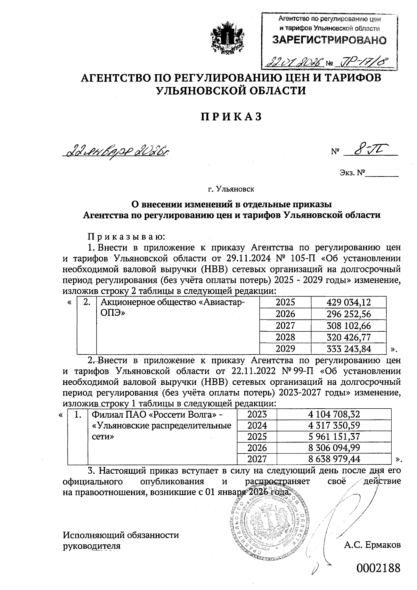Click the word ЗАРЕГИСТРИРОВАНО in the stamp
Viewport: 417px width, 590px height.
pos(329,40)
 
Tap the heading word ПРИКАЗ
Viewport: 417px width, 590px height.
pos(231,117)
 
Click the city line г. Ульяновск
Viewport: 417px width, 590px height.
pos(231,189)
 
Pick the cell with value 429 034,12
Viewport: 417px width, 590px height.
pos(349,302)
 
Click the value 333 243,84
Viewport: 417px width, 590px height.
pos(349,348)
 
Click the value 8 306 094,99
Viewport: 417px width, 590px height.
pos(334,447)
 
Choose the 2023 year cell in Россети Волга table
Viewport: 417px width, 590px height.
pos(257,414)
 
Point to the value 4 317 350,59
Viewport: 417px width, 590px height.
pos(334,425)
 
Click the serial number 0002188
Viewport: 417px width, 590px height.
pos(378,568)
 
